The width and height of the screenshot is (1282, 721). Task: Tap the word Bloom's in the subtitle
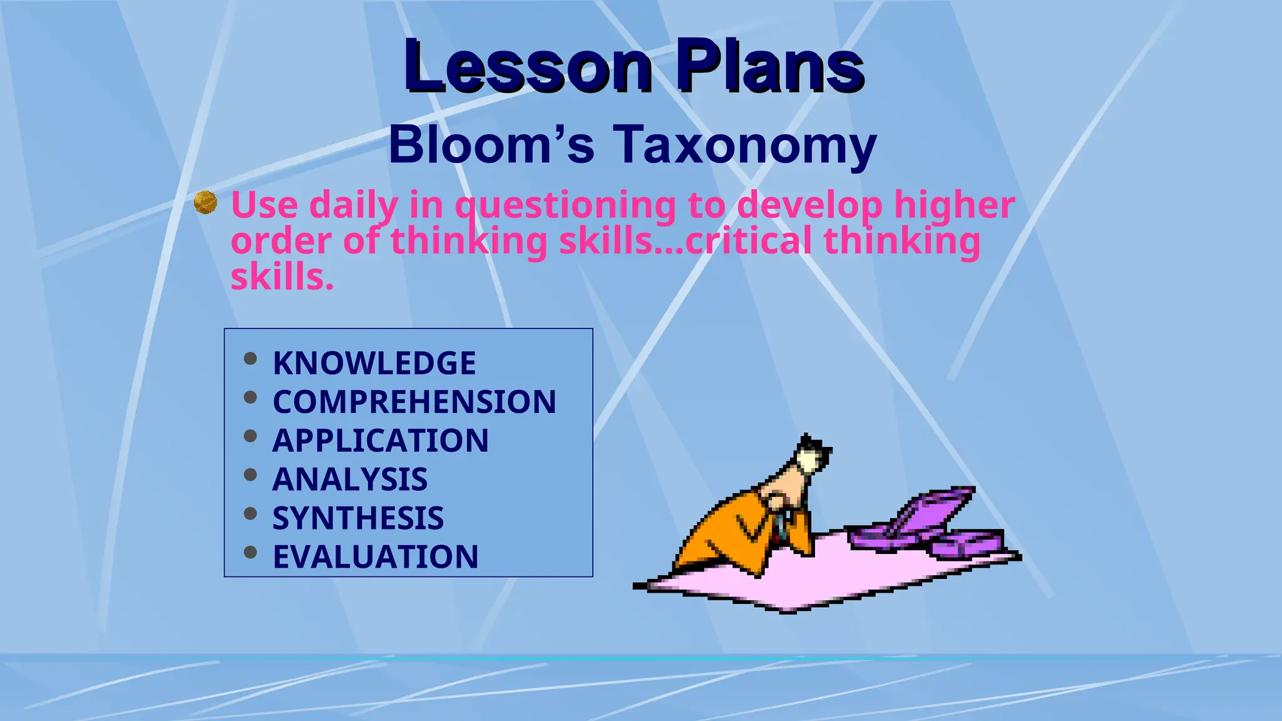click(x=491, y=145)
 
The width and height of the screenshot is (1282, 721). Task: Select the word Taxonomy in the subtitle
click(x=744, y=145)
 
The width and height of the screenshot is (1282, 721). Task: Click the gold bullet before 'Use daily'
click(x=205, y=203)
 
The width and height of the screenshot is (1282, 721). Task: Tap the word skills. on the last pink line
click(x=282, y=277)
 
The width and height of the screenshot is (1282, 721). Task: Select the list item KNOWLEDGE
click(x=374, y=363)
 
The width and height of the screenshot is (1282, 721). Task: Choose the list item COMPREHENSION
click(x=414, y=402)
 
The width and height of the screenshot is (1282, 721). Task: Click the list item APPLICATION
click(x=381, y=441)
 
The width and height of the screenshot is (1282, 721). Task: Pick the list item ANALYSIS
click(x=350, y=479)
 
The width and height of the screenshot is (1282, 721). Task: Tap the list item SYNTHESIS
click(x=358, y=518)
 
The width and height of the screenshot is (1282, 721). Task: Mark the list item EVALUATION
click(x=376, y=557)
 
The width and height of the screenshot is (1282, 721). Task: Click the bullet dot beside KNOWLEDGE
click(x=250, y=359)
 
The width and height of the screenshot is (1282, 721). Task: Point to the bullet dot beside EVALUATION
click(x=250, y=552)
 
